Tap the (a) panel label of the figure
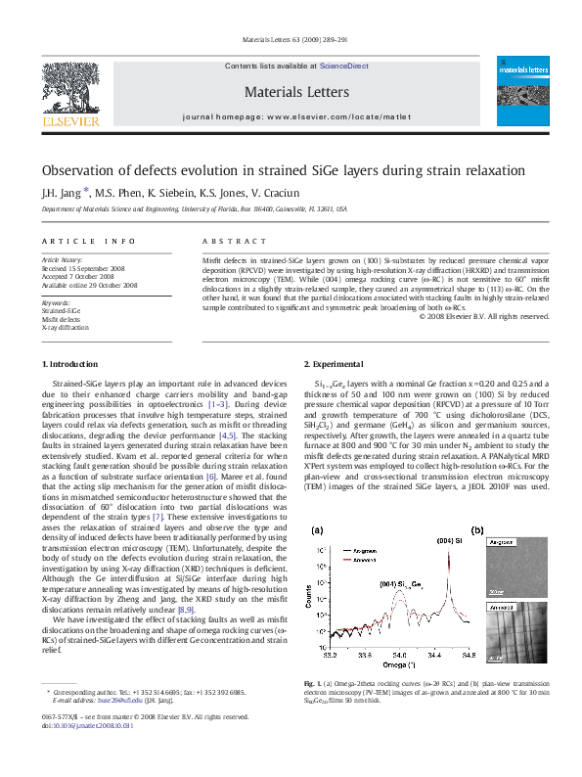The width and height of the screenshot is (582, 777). click(x=316, y=530)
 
